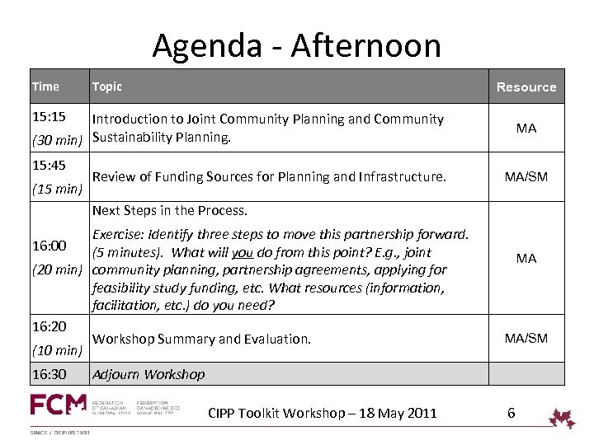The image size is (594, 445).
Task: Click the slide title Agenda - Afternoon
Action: tap(296, 45)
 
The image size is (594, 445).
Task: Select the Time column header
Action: tap(45, 87)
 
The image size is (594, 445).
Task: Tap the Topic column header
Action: tap(106, 87)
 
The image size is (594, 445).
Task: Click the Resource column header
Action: tap(526, 87)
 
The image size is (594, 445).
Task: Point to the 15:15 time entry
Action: tap(49, 119)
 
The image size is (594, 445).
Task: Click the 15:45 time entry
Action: tap(49, 165)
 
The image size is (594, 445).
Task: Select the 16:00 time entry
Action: tap(49, 246)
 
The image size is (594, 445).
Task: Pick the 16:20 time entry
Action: tap(49, 326)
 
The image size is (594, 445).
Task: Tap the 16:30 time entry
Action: tap(49, 374)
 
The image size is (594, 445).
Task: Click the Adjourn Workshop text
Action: tap(148, 374)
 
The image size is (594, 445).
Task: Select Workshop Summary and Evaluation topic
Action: tap(201, 339)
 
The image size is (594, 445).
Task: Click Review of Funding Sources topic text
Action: tap(269, 176)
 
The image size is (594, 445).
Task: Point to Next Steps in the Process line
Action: tap(170, 211)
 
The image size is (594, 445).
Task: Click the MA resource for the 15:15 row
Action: tap(526, 129)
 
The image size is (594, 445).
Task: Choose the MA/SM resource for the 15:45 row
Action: tap(526, 176)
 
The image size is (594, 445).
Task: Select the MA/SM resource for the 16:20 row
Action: tap(526, 338)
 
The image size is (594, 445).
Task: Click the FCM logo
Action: tap(58, 405)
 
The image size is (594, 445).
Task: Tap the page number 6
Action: tap(511, 413)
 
